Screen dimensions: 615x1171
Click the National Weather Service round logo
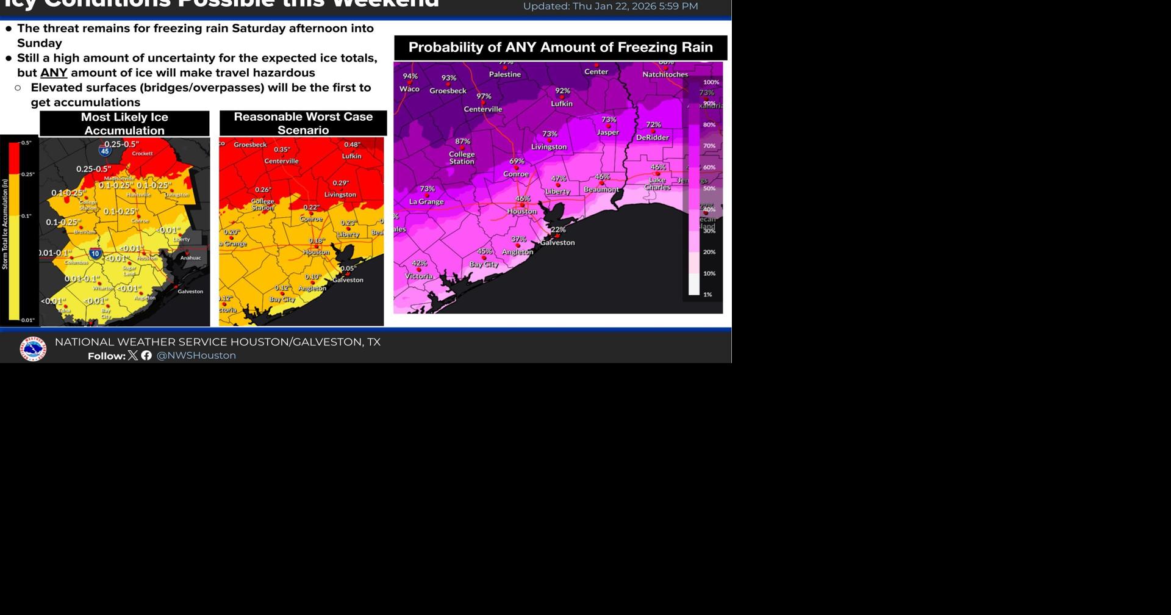click(33, 349)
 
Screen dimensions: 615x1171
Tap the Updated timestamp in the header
click(611, 7)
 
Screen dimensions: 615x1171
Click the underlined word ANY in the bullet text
click(54, 73)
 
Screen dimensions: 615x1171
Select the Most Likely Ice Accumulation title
click(124, 123)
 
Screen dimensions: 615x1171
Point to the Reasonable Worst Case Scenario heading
click(303, 123)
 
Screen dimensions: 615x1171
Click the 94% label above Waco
click(410, 76)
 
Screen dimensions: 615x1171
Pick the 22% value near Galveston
click(558, 229)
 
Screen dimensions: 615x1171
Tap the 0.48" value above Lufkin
click(352, 145)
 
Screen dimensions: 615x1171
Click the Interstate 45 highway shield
click(105, 151)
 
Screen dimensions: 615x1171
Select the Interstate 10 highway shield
click(95, 253)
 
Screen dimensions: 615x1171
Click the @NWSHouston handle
click(196, 356)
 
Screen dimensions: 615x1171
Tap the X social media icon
click(133, 355)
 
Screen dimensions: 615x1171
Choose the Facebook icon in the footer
click(146, 355)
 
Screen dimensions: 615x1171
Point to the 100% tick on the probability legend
click(711, 82)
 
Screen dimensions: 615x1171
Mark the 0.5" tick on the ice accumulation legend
click(26, 143)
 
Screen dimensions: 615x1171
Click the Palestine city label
click(505, 74)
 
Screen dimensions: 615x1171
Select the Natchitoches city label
click(665, 74)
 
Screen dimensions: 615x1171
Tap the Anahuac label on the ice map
click(190, 258)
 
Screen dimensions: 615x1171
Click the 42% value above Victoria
click(420, 264)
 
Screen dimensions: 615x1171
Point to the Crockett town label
click(142, 154)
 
